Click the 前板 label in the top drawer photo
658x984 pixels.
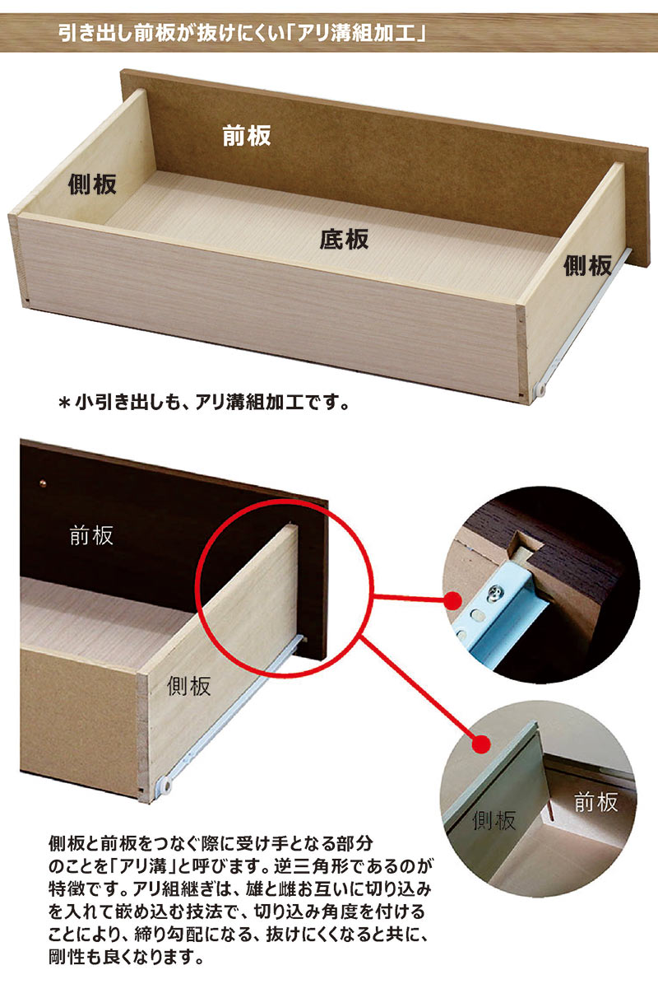[x=246, y=136]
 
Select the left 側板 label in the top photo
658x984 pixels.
[x=92, y=184]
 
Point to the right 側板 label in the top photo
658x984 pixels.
[x=587, y=265]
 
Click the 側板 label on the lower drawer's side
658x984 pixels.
[x=188, y=685]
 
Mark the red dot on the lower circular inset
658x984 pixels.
[x=480, y=744]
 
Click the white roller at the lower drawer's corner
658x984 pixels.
[x=163, y=790]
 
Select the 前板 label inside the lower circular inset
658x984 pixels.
[x=595, y=802]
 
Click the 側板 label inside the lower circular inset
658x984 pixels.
[x=494, y=819]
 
